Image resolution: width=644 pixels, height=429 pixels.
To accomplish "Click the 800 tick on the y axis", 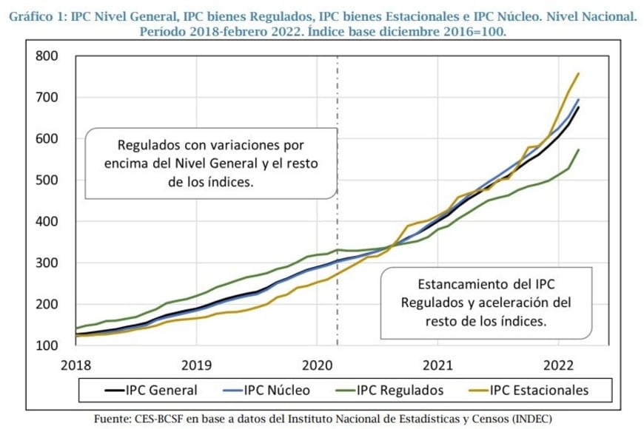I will point(47,56).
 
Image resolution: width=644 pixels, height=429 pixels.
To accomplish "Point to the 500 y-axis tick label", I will point(47,180).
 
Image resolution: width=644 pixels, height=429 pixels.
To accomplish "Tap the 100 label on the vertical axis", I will point(47,346).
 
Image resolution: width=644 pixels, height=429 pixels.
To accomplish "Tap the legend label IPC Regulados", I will point(400,390).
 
